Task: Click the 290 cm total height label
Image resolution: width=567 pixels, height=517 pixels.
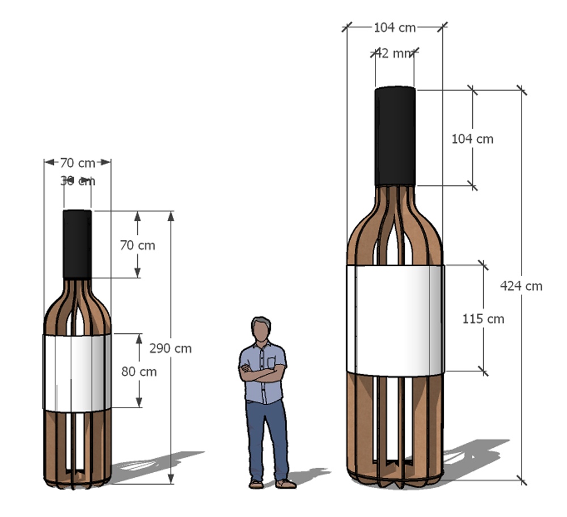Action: coord(170,348)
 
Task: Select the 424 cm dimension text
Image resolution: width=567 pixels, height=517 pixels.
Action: coord(521,286)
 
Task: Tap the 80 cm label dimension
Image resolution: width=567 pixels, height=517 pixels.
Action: coord(139,372)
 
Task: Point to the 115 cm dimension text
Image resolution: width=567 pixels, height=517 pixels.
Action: coord(483,319)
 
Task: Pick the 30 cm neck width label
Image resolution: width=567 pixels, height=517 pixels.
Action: coord(78,181)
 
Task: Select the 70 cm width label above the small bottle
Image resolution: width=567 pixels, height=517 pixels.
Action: coord(78,163)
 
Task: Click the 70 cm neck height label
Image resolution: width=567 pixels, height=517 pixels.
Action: coord(137,245)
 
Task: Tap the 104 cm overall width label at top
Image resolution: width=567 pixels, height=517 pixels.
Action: coord(395,27)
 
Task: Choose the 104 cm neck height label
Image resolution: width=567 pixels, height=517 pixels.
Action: coord(472,138)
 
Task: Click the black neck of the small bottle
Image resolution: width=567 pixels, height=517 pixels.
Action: coord(77,244)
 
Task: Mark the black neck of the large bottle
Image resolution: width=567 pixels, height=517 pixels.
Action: coord(395,136)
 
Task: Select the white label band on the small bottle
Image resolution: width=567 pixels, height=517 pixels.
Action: coord(77,372)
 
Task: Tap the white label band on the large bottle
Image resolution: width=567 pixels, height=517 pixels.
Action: coord(395,320)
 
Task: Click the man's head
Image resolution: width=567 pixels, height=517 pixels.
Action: coord(261,329)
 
